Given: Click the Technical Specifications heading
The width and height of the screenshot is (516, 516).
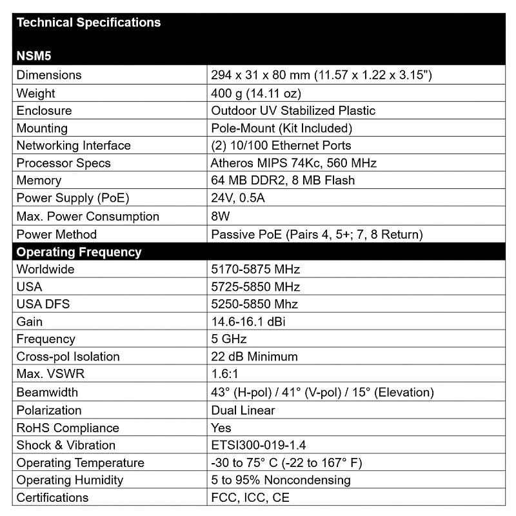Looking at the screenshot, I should point(88,23).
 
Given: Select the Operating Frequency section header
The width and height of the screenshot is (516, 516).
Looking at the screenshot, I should point(79,252).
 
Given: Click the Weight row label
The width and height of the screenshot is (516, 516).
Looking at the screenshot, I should point(35,93).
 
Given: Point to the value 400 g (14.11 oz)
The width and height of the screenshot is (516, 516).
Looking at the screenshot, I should point(256,93).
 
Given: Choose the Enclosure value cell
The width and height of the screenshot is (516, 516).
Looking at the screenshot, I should point(293,110).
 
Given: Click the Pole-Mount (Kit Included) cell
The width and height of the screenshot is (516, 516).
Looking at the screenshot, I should point(281,128).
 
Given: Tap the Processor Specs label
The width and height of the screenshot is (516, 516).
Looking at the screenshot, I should point(63,163).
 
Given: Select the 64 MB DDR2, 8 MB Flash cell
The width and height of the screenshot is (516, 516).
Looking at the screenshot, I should point(283,181).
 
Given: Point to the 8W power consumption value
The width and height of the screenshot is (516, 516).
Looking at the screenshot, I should point(221,216).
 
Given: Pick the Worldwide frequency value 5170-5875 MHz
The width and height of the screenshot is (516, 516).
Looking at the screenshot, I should point(255,269).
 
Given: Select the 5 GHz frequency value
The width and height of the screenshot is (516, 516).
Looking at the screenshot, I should point(229,339).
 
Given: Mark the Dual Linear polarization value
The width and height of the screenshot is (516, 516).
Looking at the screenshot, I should point(243,410).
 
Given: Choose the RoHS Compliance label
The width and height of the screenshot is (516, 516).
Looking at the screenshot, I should point(68,428).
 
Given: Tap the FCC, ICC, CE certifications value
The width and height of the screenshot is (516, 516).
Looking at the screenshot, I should point(250,497).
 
